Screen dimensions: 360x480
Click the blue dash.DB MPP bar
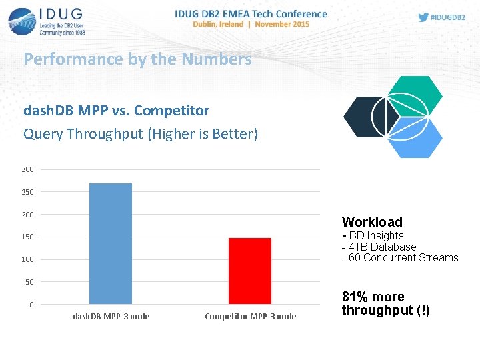(x=111, y=243)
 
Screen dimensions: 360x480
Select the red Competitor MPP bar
(x=250, y=271)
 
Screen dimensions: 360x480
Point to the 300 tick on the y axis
(x=27, y=169)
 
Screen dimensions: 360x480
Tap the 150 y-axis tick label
(x=27, y=237)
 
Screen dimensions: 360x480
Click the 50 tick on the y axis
(x=29, y=282)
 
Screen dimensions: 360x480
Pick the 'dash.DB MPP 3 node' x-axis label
(x=111, y=316)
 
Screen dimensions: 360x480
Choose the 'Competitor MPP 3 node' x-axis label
(x=250, y=316)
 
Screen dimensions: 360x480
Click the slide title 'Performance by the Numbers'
(x=137, y=59)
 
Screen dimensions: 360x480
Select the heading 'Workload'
(x=372, y=222)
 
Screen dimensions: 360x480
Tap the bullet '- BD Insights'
(x=373, y=235)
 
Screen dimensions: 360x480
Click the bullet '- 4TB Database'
(x=379, y=247)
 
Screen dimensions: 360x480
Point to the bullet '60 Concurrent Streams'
(x=400, y=258)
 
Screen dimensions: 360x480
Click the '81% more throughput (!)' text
(x=385, y=303)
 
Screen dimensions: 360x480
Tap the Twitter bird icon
(x=423, y=17)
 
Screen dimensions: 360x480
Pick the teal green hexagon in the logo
(x=415, y=96)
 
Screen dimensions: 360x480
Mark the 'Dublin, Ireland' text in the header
(x=217, y=24)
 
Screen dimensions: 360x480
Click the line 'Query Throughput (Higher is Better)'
(x=140, y=134)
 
